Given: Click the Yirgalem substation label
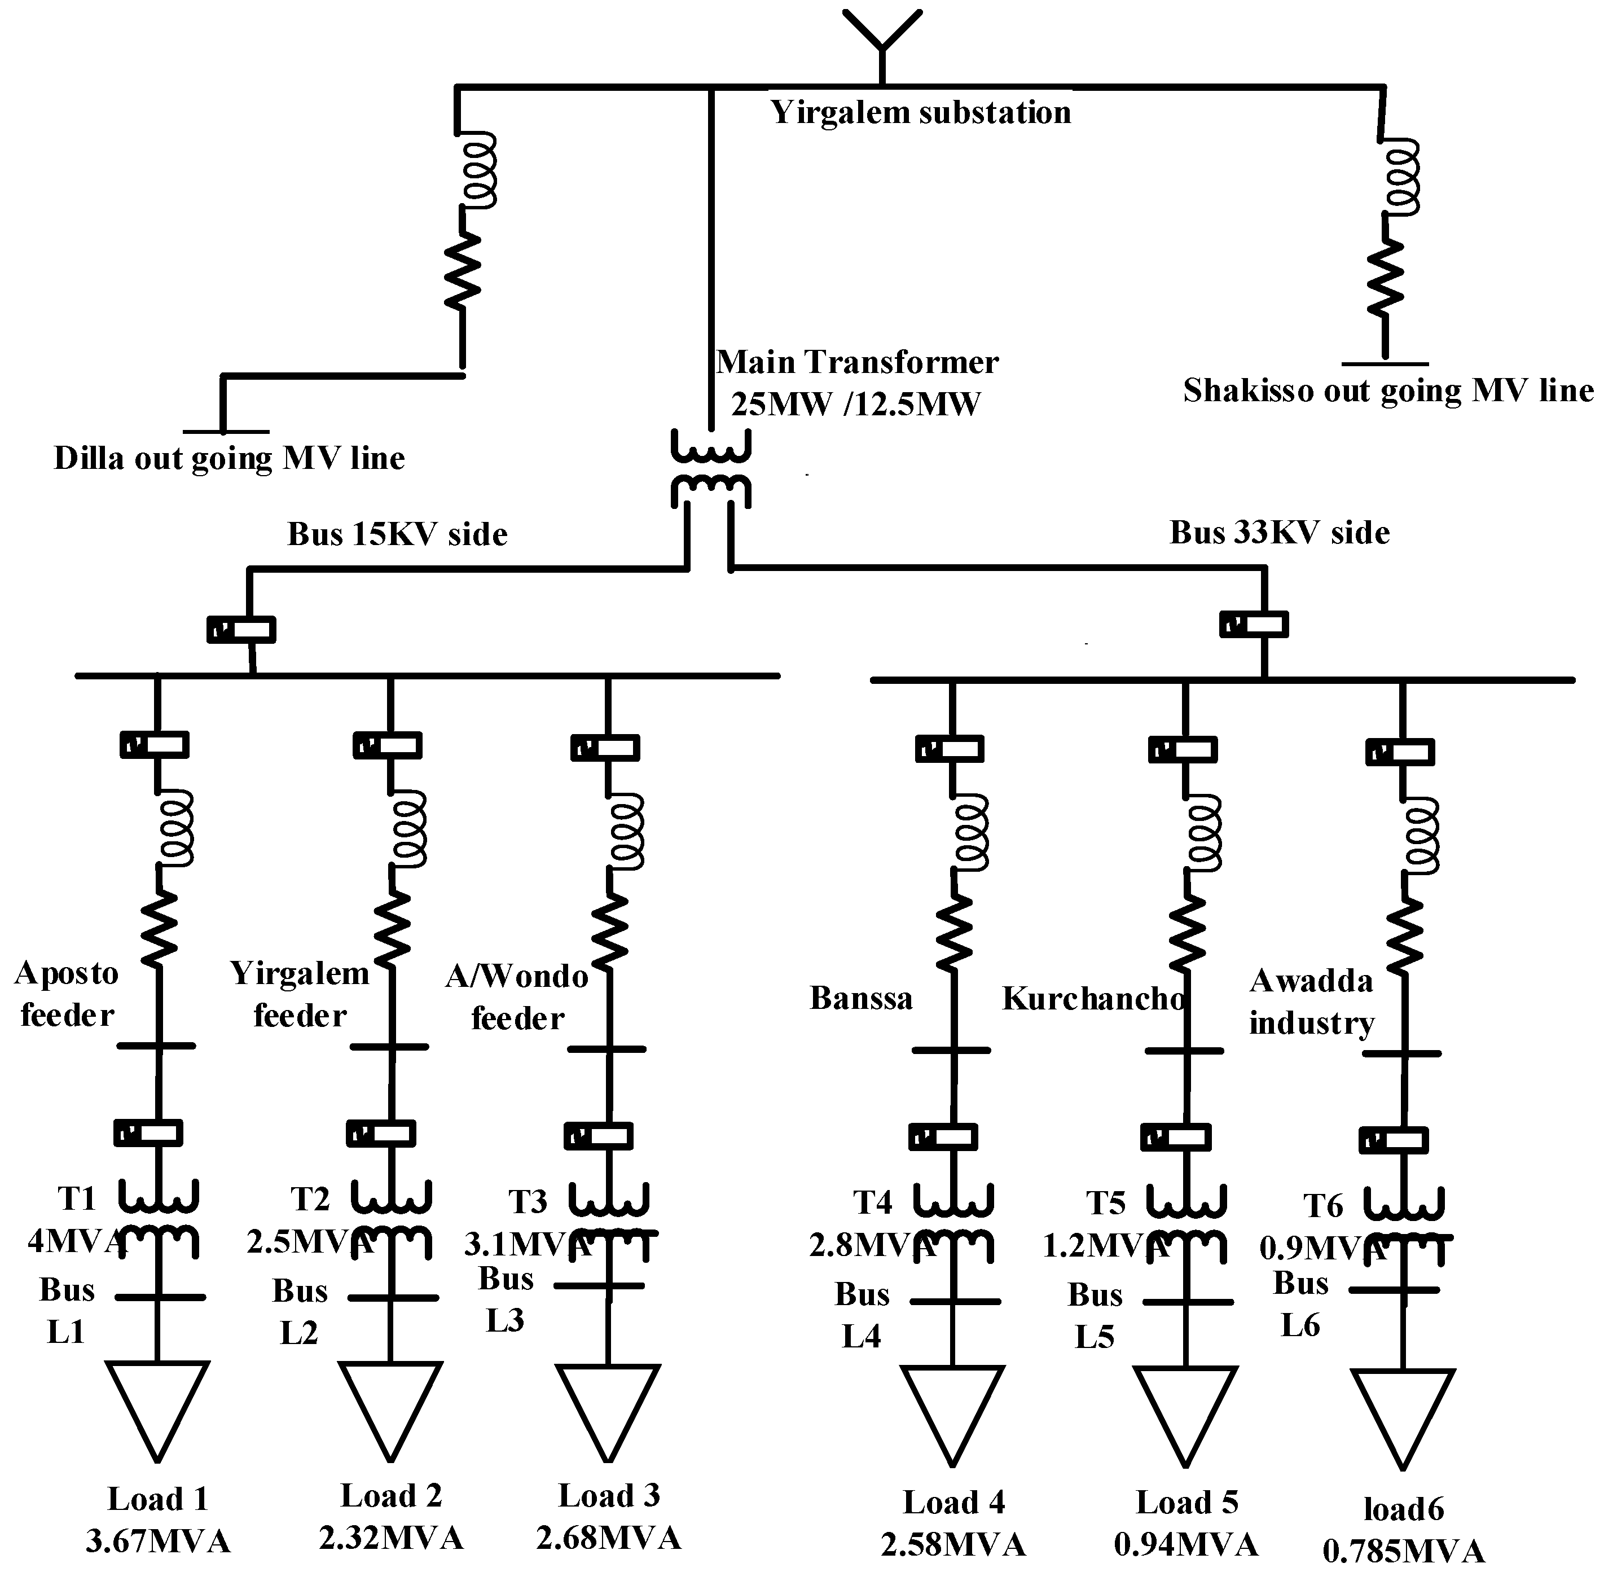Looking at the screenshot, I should tap(920, 112).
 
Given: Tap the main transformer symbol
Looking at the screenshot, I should tap(710, 469).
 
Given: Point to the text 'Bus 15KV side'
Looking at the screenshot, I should tap(397, 534).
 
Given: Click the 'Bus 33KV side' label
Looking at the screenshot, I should tap(1280, 533).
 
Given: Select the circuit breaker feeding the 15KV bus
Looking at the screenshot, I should tap(241, 630).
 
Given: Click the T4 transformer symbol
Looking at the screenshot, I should tap(953, 1224).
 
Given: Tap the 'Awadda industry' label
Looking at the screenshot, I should tap(1311, 1002).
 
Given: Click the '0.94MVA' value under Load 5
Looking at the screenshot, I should tap(1186, 1543).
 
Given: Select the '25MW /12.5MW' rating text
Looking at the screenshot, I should tap(856, 405).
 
